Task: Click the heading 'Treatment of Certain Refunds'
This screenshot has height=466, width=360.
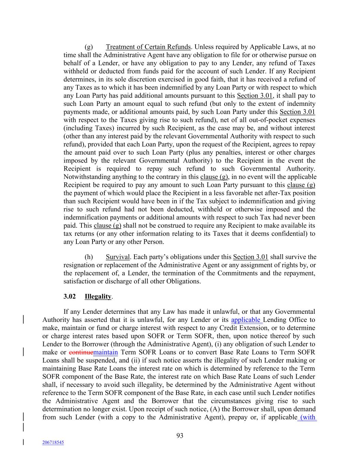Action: [x=148, y=47]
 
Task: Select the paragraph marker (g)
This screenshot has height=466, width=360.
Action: [x=89, y=47]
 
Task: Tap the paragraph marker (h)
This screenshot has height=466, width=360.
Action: [x=89, y=257]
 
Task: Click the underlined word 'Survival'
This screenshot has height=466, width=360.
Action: [x=118, y=257]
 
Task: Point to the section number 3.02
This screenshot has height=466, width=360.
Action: [x=70, y=296]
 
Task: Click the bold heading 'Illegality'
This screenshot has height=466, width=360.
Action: [x=98, y=296]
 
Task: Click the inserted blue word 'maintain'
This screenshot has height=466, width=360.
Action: [x=105, y=352]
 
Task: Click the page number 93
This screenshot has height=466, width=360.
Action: [x=180, y=436]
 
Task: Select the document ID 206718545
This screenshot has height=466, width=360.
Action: [x=53, y=442]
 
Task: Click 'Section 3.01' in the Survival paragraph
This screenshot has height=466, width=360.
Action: [x=250, y=257]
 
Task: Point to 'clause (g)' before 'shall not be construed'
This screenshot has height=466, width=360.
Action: [x=107, y=226]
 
